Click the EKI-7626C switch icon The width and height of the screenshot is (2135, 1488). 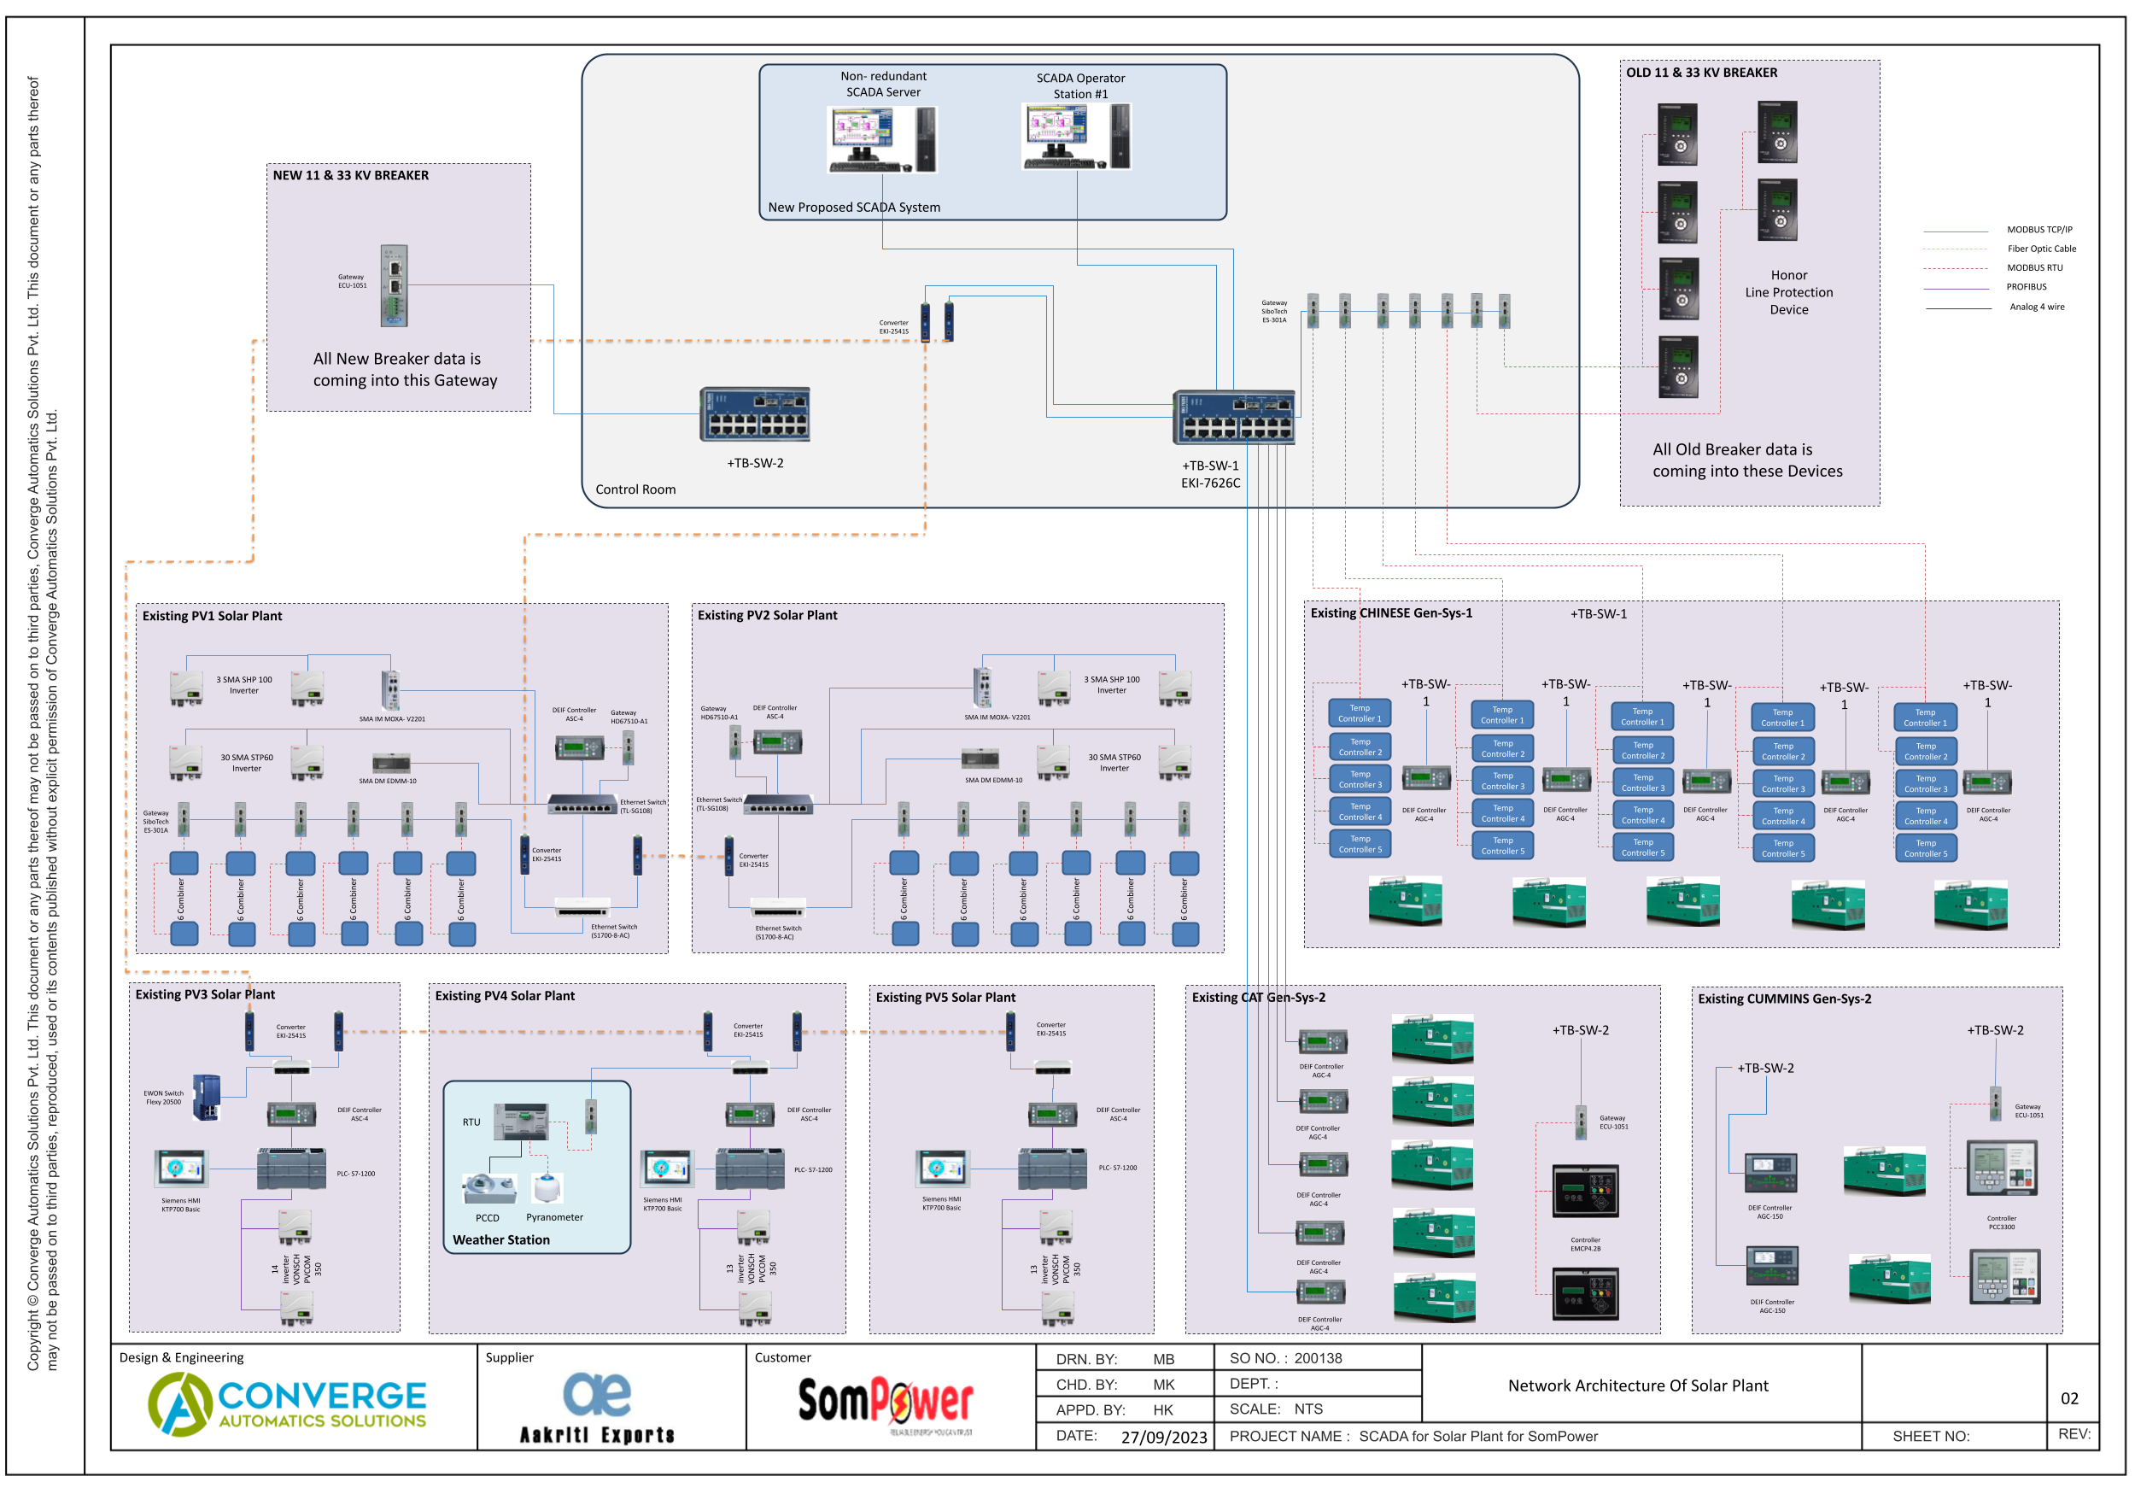click(x=1233, y=418)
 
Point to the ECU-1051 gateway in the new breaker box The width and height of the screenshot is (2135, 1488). click(x=394, y=285)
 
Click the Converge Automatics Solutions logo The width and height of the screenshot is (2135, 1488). click(x=286, y=1403)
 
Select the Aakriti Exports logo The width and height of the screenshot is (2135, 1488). click(x=597, y=1407)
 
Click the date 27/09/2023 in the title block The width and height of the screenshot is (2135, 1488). click(x=1163, y=1437)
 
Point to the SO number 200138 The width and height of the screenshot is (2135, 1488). click(x=1318, y=1359)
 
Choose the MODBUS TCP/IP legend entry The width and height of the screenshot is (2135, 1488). click(x=2038, y=230)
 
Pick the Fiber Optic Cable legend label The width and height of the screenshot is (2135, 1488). click(x=2041, y=249)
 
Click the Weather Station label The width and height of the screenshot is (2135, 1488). click(x=501, y=1239)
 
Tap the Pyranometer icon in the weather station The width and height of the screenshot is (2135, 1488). click(x=547, y=1187)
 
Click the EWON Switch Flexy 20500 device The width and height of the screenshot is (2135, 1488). click(x=207, y=1098)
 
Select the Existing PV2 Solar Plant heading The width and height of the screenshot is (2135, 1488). click(x=767, y=616)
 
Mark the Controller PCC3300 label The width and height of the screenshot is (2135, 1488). click(x=2001, y=1222)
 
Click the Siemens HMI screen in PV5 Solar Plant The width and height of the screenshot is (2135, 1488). click(x=941, y=1169)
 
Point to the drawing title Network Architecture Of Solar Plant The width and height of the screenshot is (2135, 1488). click(x=1637, y=1385)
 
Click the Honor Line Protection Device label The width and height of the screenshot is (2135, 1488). click(x=1788, y=292)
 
